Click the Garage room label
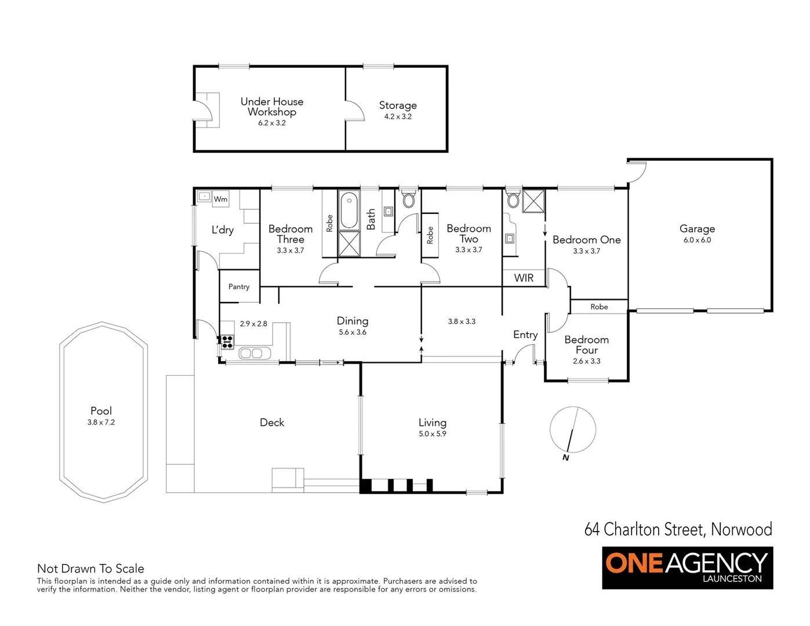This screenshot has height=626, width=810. pos(697,229)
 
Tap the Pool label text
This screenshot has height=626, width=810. pos(101,411)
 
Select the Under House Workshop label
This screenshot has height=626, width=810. pos(272,107)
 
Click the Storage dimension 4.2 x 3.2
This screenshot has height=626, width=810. pos(398,117)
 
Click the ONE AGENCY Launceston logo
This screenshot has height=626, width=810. pos(687,567)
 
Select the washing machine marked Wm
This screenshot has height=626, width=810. pos(220,199)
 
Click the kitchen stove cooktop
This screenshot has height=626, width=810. pos(227,341)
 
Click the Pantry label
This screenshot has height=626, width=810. pos(239,287)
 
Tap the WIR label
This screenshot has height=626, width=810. pos(524,278)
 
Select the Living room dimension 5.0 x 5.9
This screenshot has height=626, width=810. pos(433,434)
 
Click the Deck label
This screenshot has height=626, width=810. pos(272,423)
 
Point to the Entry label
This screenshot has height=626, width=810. pos(525,334)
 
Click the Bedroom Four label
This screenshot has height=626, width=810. pos(586,345)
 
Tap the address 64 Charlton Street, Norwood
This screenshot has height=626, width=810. pos(678,529)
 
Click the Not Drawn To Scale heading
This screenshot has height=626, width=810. pos(90,569)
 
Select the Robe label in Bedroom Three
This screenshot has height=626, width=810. pos(329,224)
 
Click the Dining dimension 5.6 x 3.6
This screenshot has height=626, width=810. pos(353,332)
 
